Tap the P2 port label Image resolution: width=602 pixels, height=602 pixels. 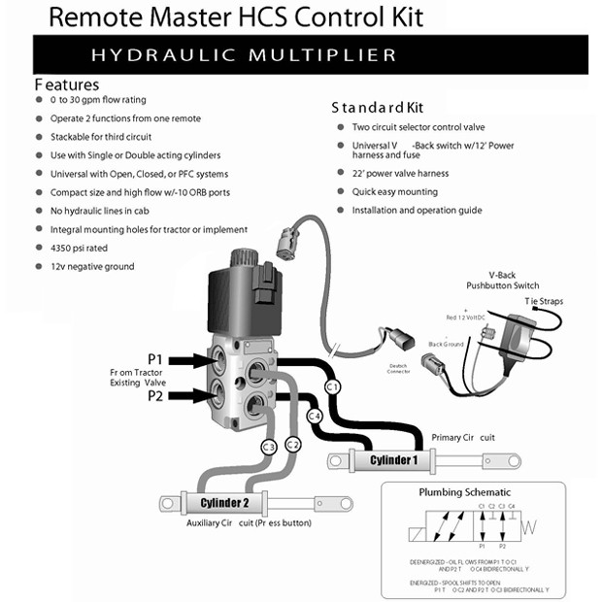coord(155,396)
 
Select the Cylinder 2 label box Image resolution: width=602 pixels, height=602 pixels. coord(224,502)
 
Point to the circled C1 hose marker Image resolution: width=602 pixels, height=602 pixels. coord(332,386)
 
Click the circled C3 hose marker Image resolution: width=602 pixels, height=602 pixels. coord(269,447)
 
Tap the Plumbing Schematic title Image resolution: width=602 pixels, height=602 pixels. coord(464,492)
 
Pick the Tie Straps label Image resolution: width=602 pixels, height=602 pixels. coord(544,301)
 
